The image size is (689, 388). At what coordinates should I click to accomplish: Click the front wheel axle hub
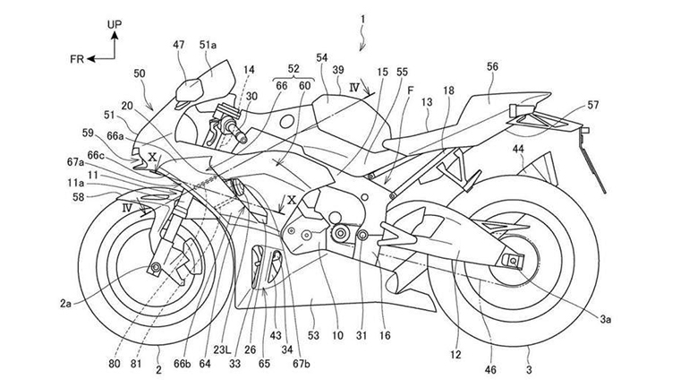157,268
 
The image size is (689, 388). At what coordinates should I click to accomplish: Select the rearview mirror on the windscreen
191,90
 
